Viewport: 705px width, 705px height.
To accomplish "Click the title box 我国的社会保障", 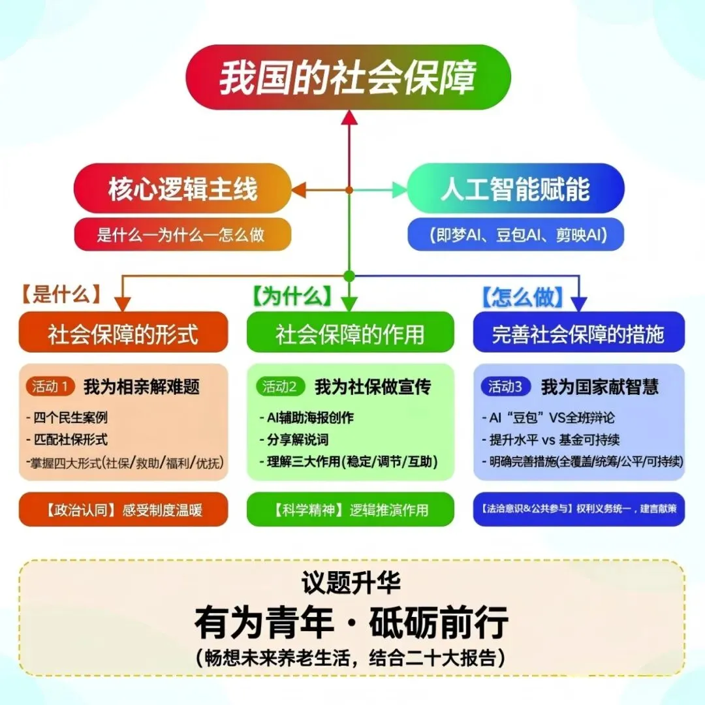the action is click(349, 77).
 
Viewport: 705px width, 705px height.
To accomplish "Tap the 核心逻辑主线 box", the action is click(182, 189).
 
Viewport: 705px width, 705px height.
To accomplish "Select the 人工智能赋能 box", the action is click(515, 189).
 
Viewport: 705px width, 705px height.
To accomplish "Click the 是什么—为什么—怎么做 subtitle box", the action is click(182, 234).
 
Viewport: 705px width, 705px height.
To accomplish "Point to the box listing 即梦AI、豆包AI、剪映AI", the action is click(515, 234).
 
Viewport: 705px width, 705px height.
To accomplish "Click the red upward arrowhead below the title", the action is click(349, 118).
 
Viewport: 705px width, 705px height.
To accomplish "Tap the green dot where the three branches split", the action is click(349, 275).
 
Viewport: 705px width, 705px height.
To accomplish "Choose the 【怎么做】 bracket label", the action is click(522, 297).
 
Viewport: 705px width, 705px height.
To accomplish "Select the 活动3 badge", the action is click(505, 386).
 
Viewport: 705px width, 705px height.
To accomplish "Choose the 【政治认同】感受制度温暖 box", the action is click(123, 509).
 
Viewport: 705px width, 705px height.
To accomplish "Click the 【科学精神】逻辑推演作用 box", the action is click(350, 509).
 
